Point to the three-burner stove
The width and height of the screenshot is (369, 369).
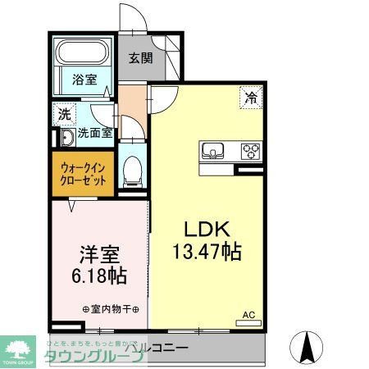pyautogui.click(x=248, y=151)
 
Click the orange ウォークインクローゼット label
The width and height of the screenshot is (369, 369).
pyautogui.click(x=83, y=175)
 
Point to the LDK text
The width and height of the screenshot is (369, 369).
pyautogui.click(x=205, y=229)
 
